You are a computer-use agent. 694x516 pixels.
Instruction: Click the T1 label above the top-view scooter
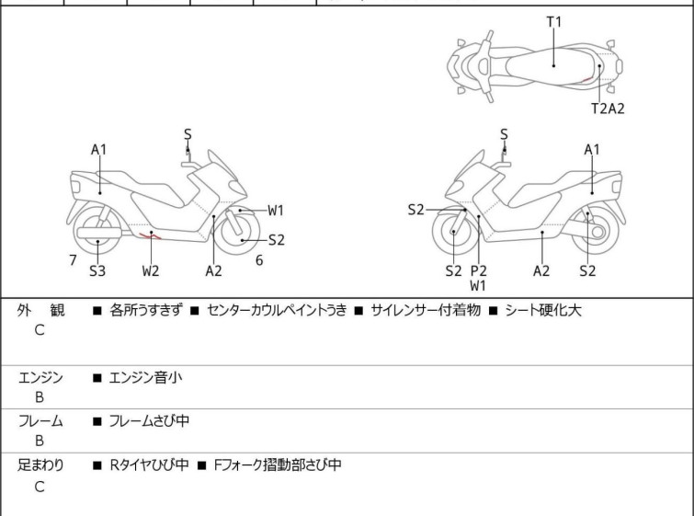click(x=553, y=22)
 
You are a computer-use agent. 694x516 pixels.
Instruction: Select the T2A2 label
click(x=608, y=108)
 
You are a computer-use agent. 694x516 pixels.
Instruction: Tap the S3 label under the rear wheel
click(x=97, y=270)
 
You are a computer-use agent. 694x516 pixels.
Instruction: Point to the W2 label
click(x=151, y=270)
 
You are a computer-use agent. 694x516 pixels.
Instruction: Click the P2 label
click(x=479, y=270)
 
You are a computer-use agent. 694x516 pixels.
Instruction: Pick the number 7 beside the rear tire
click(x=73, y=260)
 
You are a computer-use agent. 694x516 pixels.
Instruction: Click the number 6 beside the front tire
click(x=259, y=260)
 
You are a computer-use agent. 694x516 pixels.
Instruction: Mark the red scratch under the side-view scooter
click(x=150, y=236)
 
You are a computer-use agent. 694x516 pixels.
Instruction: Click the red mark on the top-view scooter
click(x=586, y=80)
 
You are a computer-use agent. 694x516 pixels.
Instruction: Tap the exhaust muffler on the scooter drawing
click(x=99, y=233)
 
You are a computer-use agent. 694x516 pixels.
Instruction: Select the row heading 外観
click(x=40, y=310)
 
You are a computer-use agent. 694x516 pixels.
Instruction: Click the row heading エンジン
click(x=40, y=377)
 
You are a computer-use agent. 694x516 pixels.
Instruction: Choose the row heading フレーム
click(x=40, y=420)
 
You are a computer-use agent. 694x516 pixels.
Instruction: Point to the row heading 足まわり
click(x=40, y=465)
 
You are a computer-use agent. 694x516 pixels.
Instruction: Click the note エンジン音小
click(x=145, y=377)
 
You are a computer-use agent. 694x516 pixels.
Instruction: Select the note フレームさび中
click(x=149, y=420)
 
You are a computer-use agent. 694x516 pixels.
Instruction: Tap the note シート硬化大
click(x=543, y=310)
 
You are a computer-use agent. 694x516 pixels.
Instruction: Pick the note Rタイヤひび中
click(x=149, y=465)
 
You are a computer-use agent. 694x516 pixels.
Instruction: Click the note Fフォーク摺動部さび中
click(x=278, y=465)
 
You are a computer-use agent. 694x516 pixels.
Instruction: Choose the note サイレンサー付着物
click(x=426, y=310)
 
